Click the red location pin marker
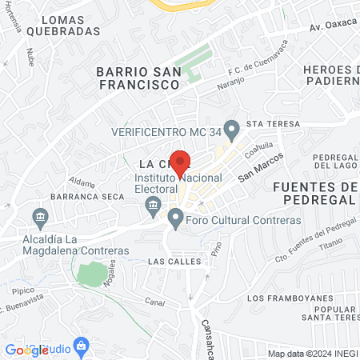180,162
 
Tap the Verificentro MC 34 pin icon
232,128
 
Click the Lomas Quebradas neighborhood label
62,26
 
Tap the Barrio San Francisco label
138,77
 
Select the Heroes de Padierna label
331,74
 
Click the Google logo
26,350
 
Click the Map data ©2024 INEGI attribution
312,354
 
